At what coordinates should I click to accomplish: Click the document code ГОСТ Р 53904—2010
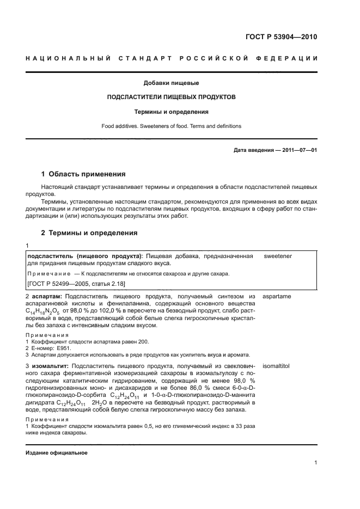click(278, 38)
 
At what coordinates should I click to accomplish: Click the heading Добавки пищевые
click(171, 83)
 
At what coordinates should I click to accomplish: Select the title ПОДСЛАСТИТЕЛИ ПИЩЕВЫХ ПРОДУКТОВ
click(171, 97)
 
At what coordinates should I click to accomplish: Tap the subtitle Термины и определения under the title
click(171, 112)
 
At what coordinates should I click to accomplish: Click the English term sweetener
click(278, 255)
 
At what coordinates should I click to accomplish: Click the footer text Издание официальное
click(57, 453)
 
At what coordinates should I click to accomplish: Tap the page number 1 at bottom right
click(315, 463)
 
